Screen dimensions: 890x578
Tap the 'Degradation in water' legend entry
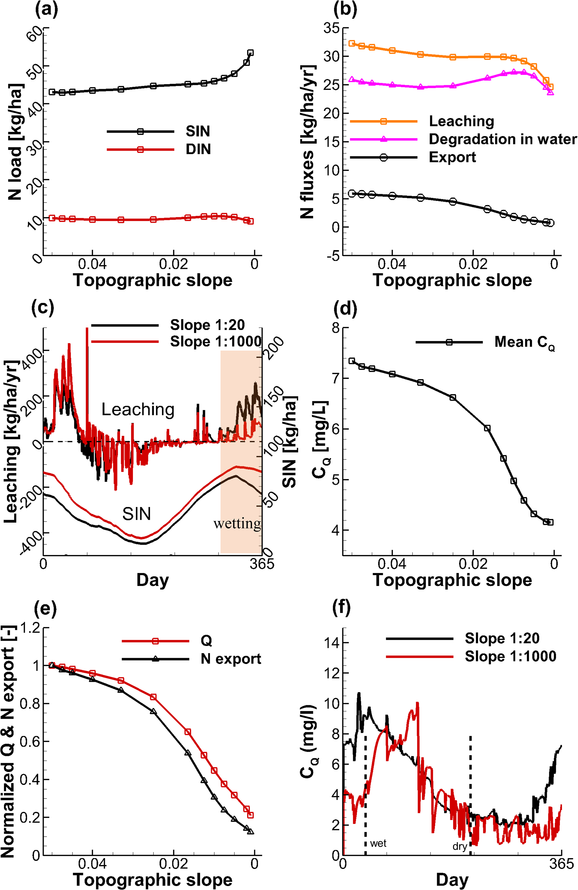point(502,139)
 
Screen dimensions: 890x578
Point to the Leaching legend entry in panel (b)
point(461,121)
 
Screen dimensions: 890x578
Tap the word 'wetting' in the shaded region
point(237,523)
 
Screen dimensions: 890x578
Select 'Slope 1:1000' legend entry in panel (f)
point(510,657)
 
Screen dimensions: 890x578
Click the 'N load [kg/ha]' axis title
point(15,142)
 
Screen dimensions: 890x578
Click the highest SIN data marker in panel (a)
point(250,53)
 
